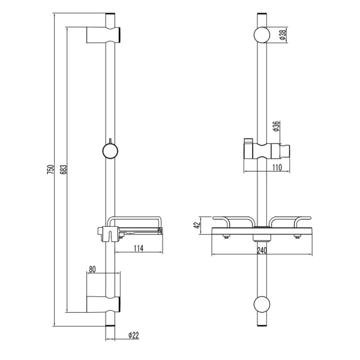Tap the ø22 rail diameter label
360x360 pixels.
pos(133,335)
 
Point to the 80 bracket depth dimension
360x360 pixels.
pos(92,269)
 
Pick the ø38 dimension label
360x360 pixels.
pos(282,35)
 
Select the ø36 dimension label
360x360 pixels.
pos(276,128)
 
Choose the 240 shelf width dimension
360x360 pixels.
pos(262,251)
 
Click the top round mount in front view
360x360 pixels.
pos(262,35)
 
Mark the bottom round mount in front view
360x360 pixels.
pos(262,304)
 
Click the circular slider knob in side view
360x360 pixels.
pos(109,150)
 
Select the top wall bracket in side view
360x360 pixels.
pos(106,35)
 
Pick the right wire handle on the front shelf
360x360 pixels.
pos(293,221)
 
